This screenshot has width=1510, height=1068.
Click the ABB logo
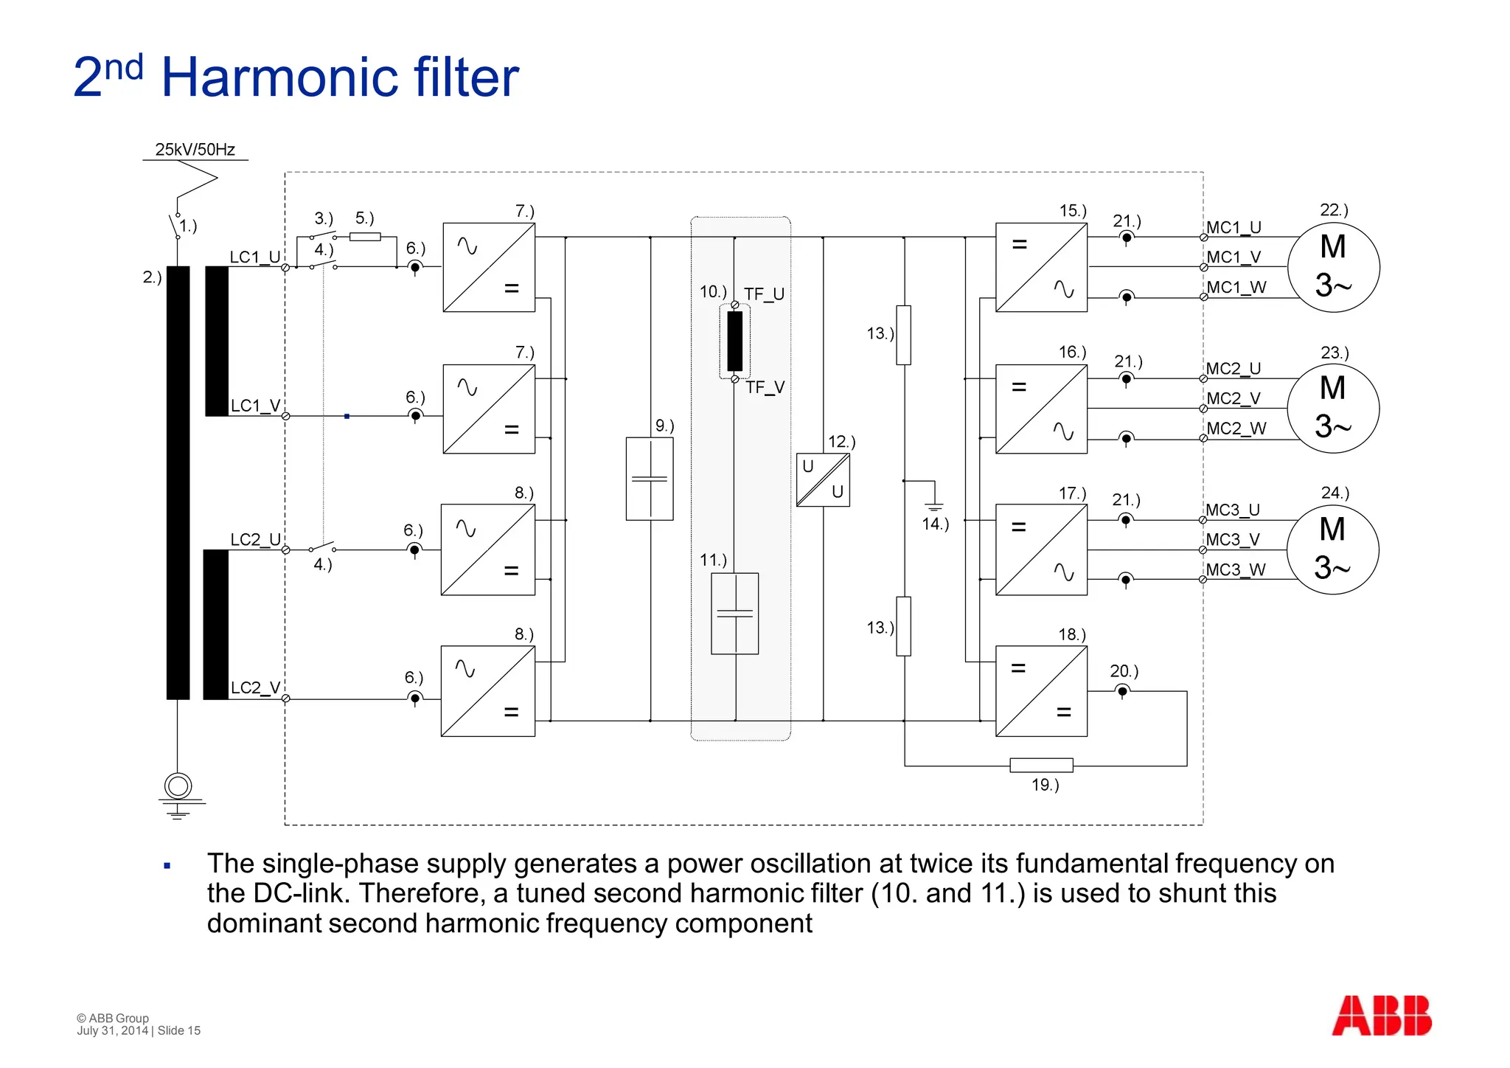[x=1381, y=1016]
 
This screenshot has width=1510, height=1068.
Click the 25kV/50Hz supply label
[x=195, y=150]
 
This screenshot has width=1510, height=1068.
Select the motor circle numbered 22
[x=1333, y=267]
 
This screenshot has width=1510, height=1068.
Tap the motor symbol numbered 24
[x=1332, y=549]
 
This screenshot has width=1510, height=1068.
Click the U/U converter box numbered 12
[x=823, y=479]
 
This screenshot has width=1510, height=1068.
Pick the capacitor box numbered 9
[x=649, y=479]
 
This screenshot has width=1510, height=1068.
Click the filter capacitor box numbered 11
[x=734, y=614]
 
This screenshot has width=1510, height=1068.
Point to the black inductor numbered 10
[x=735, y=341]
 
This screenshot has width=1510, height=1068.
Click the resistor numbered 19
[x=1041, y=765]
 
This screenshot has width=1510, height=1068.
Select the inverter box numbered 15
[x=1041, y=267]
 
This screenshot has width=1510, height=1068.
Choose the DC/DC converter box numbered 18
[x=1041, y=691]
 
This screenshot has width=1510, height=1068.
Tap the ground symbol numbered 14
[x=933, y=505]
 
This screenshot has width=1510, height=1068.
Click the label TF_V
[x=765, y=387]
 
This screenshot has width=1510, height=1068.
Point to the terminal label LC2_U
[x=255, y=539]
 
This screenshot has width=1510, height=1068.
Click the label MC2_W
[x=1236, y=429]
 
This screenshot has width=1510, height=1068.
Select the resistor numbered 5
[x=365, y=237]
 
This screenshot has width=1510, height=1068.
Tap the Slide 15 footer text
[x=179, y=1030]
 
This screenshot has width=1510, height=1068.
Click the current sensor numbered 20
[x=1122, y=692]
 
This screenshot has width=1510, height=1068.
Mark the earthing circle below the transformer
[x=178, y=786]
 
